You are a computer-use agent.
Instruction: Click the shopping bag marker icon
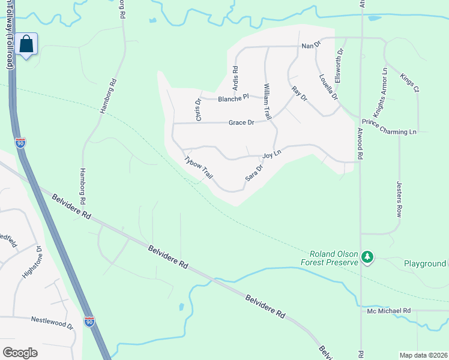[26, 44]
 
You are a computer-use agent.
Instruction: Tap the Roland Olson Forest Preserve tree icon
[367, 257]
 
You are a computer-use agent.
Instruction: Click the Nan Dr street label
[311, 46]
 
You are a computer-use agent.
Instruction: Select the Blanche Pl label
[233, 98]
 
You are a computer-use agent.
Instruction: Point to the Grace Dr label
[242, 122]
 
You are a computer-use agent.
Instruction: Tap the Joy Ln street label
[272, 155]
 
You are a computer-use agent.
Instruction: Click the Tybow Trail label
[199, 168]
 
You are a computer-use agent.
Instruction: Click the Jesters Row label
[399, 199]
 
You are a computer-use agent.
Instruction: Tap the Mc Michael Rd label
[389, 311]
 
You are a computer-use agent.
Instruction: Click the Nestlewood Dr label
[52, 323]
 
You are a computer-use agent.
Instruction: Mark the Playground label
[424, 263]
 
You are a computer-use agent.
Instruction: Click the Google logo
[20, 353]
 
